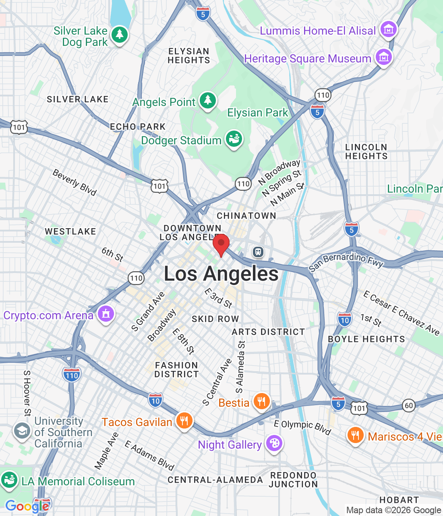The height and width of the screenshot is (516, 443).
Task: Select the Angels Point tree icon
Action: (208, 101)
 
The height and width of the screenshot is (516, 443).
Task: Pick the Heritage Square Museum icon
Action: (384, 58)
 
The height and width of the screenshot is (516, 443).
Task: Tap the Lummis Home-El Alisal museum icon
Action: (389, 29)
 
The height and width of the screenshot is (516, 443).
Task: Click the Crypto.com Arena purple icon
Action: (106, 314)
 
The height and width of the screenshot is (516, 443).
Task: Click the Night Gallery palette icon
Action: (274, 443)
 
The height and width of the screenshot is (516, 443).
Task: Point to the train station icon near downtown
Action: (258, 252)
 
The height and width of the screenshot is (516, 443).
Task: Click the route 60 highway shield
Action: (409, 405)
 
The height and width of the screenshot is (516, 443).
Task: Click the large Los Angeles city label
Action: (221, 274)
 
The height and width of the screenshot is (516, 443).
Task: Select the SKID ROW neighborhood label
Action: (215, 319)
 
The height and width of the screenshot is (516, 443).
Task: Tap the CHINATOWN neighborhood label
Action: (246, 216)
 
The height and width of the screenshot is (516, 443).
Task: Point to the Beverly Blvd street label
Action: (75, 183)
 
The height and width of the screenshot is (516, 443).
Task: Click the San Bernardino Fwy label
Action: (346, 262)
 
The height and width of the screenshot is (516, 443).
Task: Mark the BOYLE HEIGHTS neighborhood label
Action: (366, 339)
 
